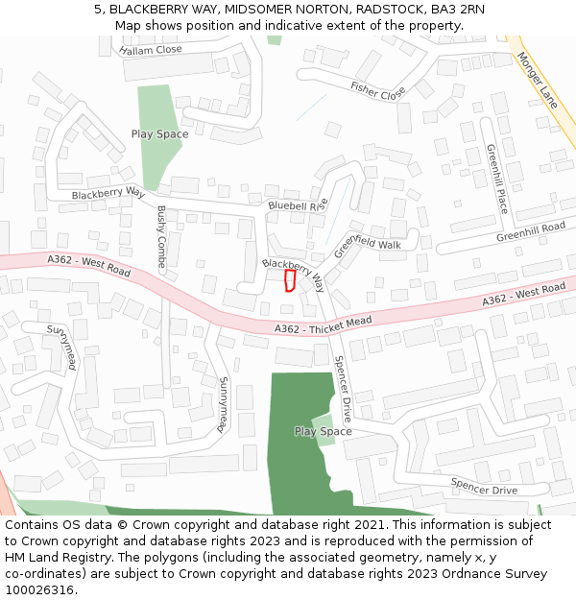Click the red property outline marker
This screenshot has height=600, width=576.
coord(290,279)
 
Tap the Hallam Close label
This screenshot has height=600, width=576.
coord(151,49)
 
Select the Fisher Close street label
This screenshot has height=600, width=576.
coord(377,91)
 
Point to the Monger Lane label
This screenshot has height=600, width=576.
coord(537,79)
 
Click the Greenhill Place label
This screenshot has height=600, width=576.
coord(496,179)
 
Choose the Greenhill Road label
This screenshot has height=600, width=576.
coord(531,232)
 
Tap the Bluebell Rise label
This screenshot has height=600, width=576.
coord(299,205)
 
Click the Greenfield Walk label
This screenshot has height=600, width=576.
coord(368,244)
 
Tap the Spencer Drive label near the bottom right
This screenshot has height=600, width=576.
coord(484,487)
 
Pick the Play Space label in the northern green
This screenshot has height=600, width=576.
coord(159,134)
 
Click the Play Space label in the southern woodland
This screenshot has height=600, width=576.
coord(323,431)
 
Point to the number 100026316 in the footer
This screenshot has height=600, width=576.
coord(39,590)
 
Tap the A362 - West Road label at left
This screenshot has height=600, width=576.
coord(88,266)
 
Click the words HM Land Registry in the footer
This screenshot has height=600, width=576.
coord(55,558)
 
